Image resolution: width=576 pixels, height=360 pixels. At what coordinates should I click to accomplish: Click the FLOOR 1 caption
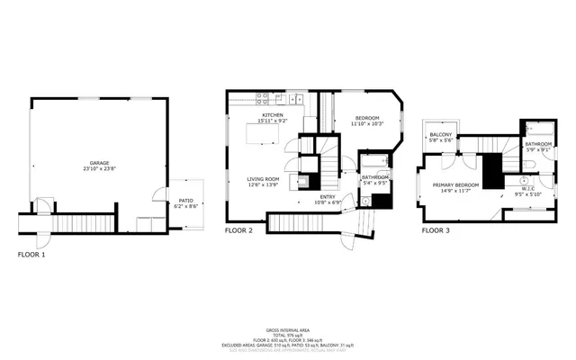tap(31, 255)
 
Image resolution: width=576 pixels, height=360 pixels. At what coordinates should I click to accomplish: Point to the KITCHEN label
tap(274, 115)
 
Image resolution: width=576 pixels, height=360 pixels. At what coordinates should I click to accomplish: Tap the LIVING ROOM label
tap(264, 179)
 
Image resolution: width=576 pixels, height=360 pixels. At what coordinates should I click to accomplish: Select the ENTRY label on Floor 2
tap(328, 196)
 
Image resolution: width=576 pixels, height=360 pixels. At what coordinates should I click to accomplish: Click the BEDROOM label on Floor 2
tap(366, 118)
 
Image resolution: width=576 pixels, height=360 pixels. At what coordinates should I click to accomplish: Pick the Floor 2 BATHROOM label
tap(375, 177)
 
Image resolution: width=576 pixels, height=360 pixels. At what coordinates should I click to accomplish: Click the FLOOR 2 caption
tap(238, 231)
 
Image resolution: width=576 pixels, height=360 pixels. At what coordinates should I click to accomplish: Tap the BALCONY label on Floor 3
tap(440, 135)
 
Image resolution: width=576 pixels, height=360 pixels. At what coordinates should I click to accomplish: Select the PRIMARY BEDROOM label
tap(456, 184)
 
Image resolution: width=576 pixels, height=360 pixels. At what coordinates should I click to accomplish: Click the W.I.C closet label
tap(527, 189)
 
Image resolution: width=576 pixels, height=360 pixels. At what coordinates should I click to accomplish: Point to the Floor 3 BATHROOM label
tap(538, 144)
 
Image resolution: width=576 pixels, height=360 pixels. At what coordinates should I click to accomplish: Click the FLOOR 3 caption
tap(436, 231)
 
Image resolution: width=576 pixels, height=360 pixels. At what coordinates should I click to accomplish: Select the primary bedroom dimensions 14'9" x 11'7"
tap(456, 191)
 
